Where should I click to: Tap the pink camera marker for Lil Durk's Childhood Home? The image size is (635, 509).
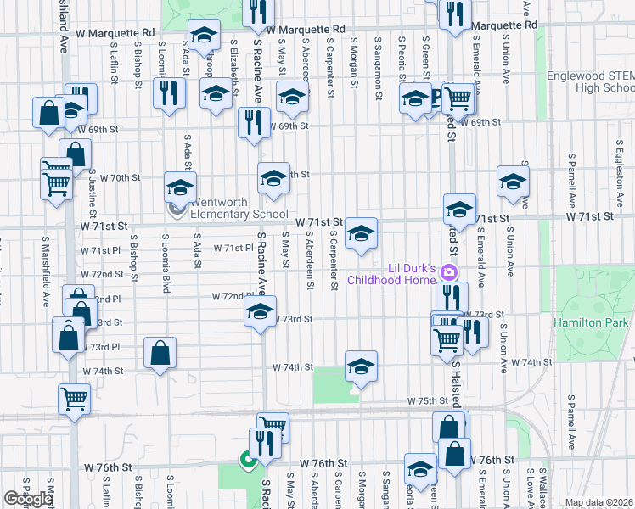tap(450, 272)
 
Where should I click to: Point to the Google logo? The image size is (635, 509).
tap(28, 499)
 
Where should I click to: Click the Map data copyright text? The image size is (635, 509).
tap(599, 502)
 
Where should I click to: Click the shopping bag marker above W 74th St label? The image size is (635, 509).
tap(160, 354)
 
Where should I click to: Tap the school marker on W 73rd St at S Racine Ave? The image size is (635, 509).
tap(260, 311)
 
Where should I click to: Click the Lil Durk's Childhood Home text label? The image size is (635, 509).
tap(413, 274)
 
